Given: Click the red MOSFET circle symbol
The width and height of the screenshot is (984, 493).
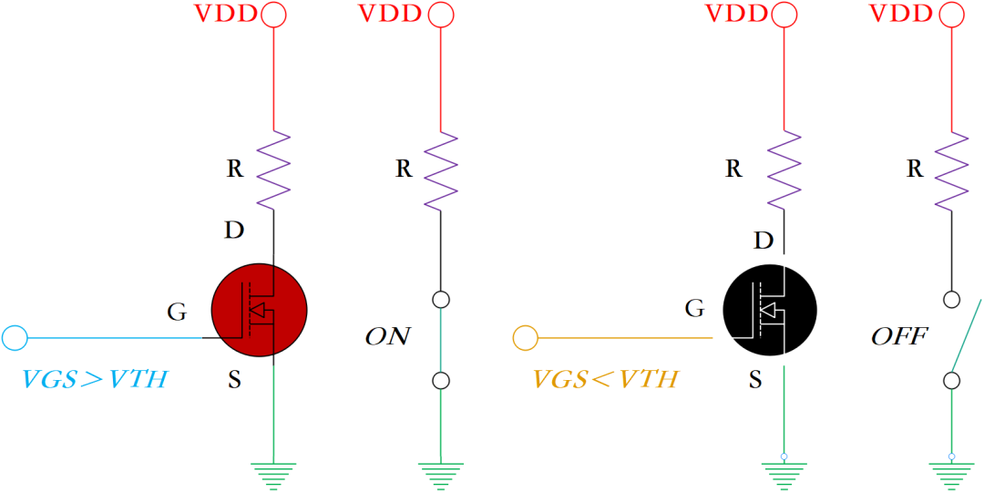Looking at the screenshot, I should click(259, 311).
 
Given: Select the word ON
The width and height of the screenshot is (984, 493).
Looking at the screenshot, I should click(387, 337).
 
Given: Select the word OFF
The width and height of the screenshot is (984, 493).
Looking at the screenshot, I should click(899, 337).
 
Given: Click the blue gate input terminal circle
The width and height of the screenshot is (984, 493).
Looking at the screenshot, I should click(15, 338).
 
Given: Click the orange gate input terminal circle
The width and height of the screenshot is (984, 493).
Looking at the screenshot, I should click(526, 338).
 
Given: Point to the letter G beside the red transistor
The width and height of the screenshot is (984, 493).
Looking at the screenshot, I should click(177, 312).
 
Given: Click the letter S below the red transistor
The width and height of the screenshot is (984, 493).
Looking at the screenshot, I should click(234, 380).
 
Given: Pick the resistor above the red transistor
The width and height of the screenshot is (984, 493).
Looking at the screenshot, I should click(273, 169).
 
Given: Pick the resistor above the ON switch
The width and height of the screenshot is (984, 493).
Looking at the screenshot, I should click(441, 169).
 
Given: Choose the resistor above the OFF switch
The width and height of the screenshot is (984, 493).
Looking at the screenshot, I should click(951, 169).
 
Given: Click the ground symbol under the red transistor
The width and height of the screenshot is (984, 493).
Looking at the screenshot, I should click(273, 474).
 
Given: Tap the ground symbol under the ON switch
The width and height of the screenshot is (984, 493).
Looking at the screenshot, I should click(441, 474).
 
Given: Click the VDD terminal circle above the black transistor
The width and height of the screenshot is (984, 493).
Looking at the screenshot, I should click(784, 14).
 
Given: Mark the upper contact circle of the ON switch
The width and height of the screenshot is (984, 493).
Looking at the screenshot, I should click(441, 299).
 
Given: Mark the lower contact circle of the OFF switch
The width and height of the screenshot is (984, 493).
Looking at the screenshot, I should click(951, 380).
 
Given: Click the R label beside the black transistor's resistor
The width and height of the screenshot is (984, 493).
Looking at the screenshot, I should click(733, 169).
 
